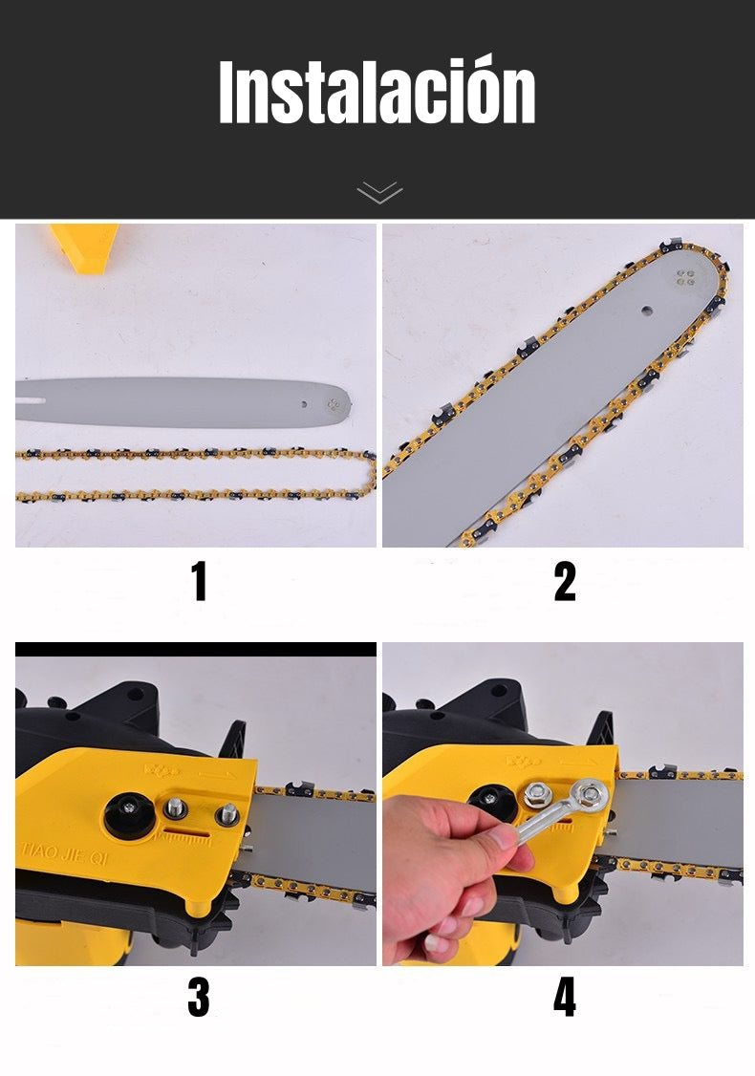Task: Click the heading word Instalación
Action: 377,91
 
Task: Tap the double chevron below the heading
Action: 379,193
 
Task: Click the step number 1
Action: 199,581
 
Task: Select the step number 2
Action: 564,581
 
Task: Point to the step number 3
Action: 199,998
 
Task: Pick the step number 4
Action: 564,998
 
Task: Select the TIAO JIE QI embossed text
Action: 63,855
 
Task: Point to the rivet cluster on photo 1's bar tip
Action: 334,405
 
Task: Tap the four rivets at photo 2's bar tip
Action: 685,277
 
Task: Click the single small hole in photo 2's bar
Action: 647,311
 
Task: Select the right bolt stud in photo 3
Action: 226,814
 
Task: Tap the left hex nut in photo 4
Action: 537,795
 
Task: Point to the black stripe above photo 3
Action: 196,649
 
